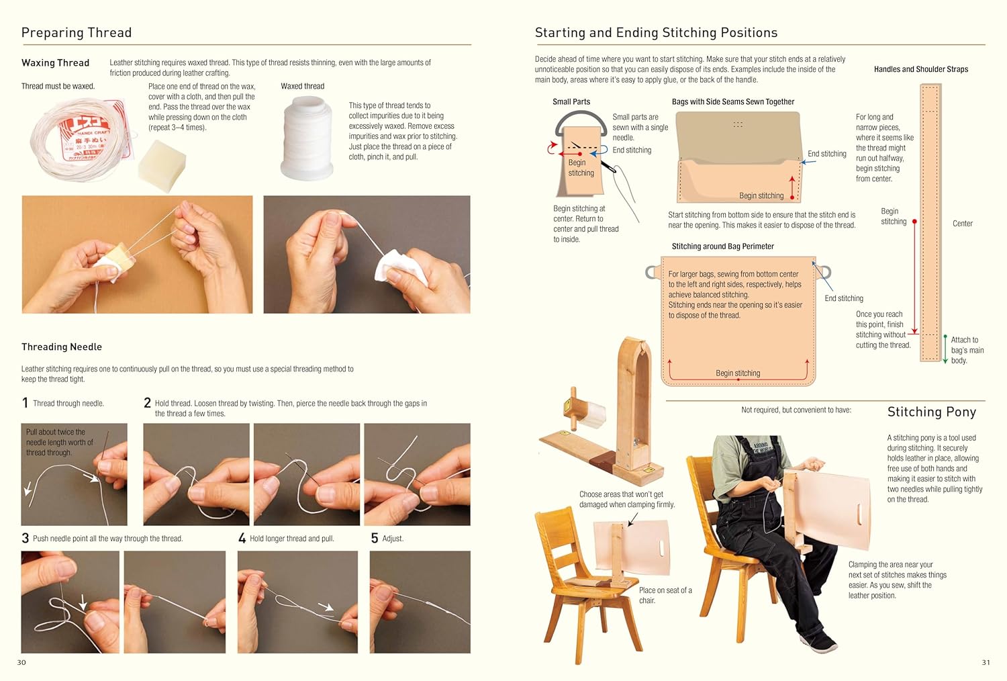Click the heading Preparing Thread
point(77,32)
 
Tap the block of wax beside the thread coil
point(161,165)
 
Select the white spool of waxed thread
point(307,138)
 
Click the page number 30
point(21,662)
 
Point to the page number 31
point(986,662)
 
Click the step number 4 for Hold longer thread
point(242,539)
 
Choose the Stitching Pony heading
point(932,412)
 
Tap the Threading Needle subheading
point(62,347)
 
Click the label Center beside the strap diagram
point(963,224)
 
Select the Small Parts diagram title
point(571,101)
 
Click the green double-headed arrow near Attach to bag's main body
point(945,349)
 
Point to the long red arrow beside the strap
point(914,277)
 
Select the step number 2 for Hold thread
point(147,403)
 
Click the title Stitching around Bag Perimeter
point(723,246)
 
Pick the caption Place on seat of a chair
point(665,595)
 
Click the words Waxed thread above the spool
point(303,86)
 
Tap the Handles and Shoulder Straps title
point(921,69)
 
